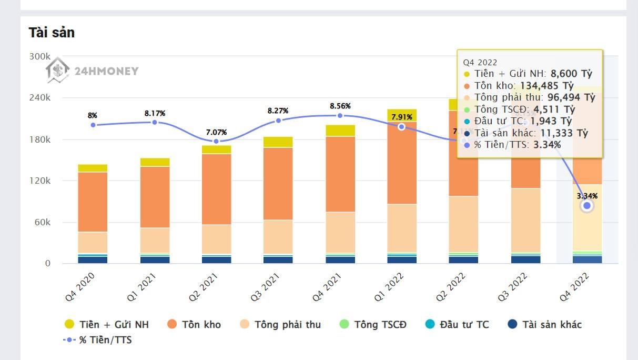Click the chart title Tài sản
coord(52,33)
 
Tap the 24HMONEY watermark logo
coord(92,71)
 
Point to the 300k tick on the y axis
coord(39,56)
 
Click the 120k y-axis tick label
coord(39,181)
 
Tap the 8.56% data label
coord(340,106)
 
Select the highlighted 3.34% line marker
coord(587,206)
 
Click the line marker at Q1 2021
coord(155,122)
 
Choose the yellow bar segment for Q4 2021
coord(340,131)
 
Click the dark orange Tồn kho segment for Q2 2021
coord(217,189)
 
